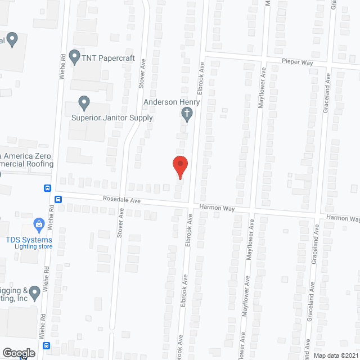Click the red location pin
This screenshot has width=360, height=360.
pos(180,166)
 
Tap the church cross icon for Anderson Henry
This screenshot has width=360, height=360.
pos(187,115)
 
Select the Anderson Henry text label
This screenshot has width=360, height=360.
pos(168,102)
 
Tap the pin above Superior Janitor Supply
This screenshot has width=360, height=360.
pos(84,103)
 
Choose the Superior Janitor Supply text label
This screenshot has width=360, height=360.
pos(112,118)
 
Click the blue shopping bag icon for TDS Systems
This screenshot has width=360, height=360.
pos(39,226)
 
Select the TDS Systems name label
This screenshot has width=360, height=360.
pos(29,240)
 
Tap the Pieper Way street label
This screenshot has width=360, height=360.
pos(298,62)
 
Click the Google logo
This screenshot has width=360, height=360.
pos(18,353)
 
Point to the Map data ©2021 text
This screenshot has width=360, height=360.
pos(336,355)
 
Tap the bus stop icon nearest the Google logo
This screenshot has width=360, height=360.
pos(47,345)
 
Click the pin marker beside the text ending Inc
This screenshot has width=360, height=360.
pos(35,292)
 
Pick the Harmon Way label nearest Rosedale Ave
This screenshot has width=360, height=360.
pos(216,209)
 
